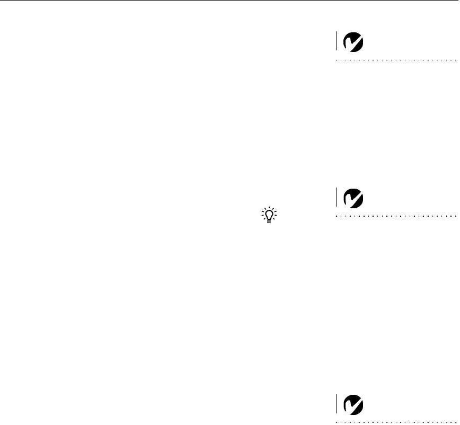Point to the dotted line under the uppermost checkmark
pos(395,60)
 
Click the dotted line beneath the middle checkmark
pos(395,216)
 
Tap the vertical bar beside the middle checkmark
pos(336,197)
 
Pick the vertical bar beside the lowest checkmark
pos(336,404)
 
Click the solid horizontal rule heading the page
pos(230,1)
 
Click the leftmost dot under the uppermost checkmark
pos(337,60)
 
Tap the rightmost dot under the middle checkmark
pos(454,216)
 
